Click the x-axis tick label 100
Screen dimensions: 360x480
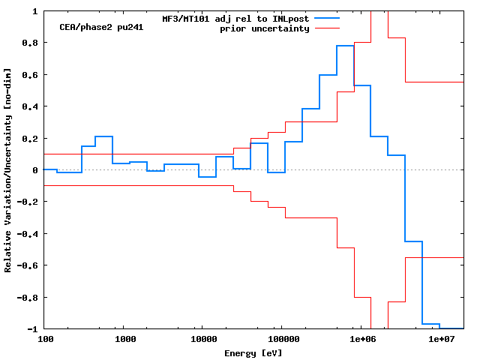pos(45,340)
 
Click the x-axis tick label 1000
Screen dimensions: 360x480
pos(125,340)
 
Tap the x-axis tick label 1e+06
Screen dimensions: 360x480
pos(361,340)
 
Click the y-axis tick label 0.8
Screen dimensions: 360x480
pos(29,43)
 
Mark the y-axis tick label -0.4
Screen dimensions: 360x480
pos(27,234)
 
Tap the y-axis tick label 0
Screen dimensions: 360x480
pos(34,170)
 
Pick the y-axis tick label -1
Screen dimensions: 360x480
pos(32,329)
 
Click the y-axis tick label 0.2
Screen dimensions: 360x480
pos(29,139)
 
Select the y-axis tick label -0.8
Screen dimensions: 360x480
pos(27,298)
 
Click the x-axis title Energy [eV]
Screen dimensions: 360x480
pos(253,352)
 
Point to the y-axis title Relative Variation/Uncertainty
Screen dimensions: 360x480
pos(8,170)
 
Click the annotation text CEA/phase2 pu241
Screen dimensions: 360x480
pos(101,27)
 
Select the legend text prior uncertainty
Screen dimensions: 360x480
pos(264,28)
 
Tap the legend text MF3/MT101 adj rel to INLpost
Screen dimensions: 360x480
pos(236,18)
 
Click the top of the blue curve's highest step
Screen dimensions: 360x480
pos(345,46)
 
